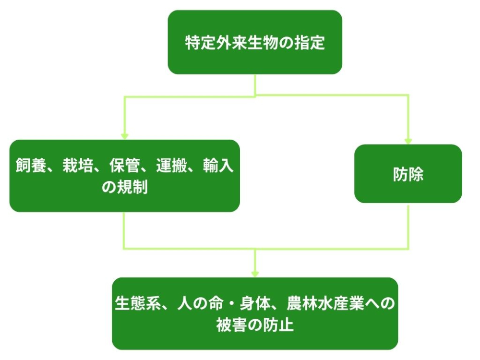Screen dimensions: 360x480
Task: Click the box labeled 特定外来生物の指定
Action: [x=255, y=42]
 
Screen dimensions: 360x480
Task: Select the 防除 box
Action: [x=408, y=174]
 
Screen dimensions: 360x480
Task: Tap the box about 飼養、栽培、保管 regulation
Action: [x=124, y=176]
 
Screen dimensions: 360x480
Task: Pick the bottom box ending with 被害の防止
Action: [x=255, y=313]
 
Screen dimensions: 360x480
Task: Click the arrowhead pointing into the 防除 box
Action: [x=408, y=141]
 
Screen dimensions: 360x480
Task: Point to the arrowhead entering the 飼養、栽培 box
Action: [x=124, y=136]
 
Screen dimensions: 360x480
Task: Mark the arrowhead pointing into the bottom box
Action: [x=255, y=274]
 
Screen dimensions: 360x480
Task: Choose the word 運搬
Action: [x=170, y=166]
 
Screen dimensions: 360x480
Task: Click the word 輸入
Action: [x=218, y=166]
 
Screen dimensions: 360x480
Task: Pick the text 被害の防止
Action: [x=255, y=325]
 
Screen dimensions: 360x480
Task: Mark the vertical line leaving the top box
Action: [x=255, y=84]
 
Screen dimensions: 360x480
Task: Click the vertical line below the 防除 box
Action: [x=408, y=226]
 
